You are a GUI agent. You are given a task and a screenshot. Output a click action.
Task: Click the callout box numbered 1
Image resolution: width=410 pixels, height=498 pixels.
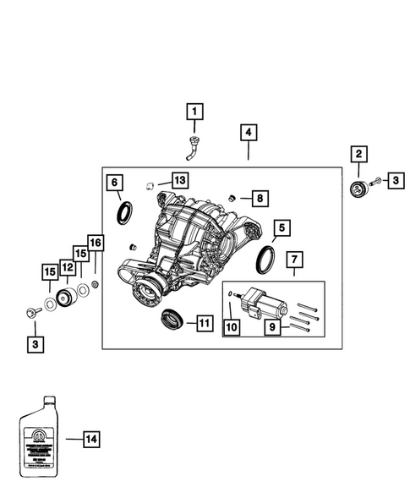pyautogui.click(x=195, y=111)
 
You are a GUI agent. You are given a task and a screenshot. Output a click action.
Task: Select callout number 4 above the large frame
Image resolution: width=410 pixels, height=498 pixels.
pyautogui.click(x=248, y=133)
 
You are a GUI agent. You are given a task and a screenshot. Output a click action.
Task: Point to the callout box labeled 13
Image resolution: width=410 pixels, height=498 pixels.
pyautogui.click(x=179, y=180)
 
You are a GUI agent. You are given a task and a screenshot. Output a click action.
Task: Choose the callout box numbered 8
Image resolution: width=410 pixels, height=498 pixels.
pyautogui.click(x=260, y=198)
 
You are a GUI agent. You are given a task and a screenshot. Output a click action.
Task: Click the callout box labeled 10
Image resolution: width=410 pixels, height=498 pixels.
pyautogui.click(x=230, y=325)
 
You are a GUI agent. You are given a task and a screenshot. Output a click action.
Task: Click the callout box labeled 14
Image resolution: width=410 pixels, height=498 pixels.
pyautogui.click(x=91, y=438)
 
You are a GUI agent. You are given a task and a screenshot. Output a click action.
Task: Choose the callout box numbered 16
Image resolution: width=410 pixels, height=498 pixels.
pyautogui.click(x=95, y=244)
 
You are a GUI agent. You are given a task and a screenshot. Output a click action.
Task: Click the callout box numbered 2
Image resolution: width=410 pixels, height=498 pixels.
pyautogui.click(x=359, y=153)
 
